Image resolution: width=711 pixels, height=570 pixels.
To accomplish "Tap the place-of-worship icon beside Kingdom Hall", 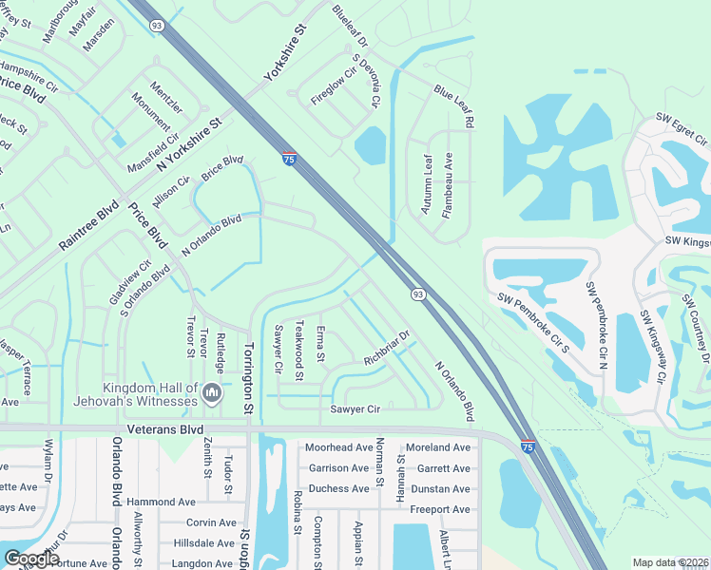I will [x=212, y=391].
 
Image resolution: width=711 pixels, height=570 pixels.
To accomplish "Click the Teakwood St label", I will [x=298, y=350].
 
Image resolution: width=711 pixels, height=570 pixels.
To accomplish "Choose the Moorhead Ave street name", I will [x=338, y=447].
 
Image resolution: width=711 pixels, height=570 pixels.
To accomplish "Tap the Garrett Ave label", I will [x=443, y=468].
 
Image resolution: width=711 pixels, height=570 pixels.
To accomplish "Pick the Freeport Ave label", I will [x=439, y=510].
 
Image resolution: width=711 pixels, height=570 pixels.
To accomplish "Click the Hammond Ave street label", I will [x=160, y=502].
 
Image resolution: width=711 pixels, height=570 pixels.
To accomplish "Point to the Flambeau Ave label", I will [x=447, y=186].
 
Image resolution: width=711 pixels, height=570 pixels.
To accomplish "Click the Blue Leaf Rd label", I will [x=453, y=105].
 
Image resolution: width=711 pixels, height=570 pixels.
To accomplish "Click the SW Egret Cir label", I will [x=682, y=129].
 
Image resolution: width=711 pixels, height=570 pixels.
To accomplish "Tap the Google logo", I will [x=32, y=559].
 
